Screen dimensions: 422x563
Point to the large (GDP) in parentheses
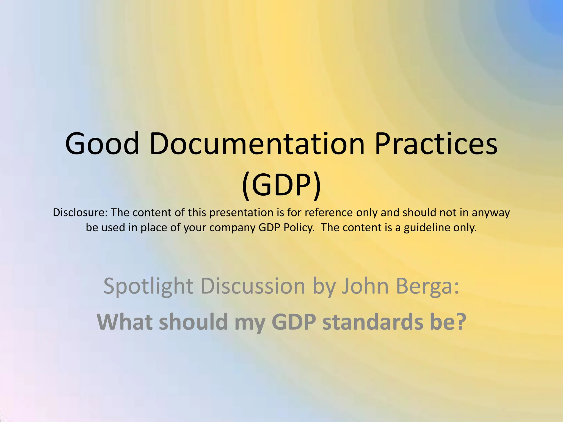(281, 184)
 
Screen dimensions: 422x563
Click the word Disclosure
(80, 212)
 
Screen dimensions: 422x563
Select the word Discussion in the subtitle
(253, 286)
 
